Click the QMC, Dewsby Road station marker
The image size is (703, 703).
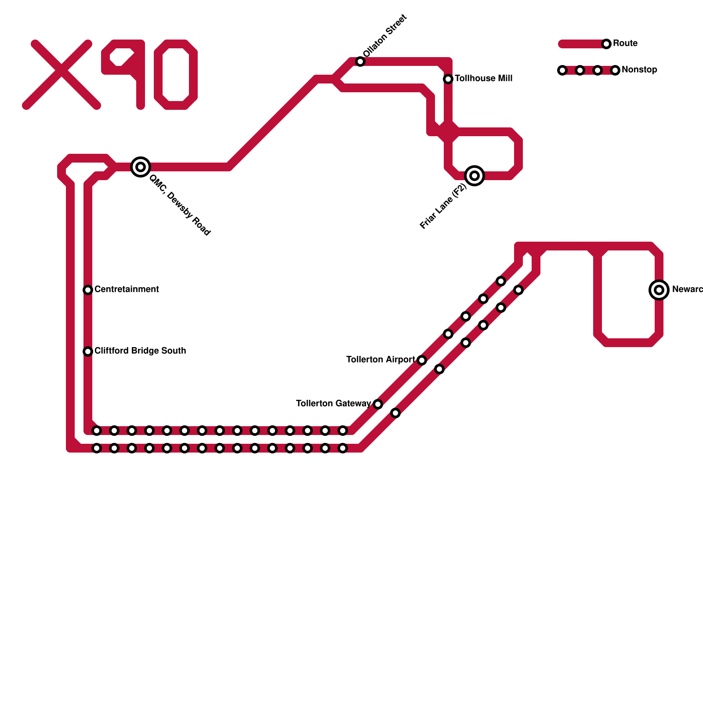141,167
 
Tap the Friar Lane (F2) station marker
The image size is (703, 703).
475,176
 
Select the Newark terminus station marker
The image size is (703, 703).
659,290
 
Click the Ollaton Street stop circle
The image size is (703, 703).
360,62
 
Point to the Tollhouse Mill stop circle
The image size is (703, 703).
448,79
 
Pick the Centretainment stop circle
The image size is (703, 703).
88,290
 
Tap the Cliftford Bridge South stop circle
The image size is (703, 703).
88,351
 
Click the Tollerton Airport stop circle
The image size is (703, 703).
422,360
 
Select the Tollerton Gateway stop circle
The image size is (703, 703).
378,404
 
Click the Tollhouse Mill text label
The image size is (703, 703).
483,79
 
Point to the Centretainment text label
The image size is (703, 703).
127,290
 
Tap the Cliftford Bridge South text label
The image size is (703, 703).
140,351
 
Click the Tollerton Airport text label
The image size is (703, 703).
380,360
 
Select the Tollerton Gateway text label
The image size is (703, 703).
333,404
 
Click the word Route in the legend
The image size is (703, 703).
625,43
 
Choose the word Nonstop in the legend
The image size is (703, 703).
639,70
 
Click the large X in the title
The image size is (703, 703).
62,75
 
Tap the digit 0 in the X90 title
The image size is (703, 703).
176,75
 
